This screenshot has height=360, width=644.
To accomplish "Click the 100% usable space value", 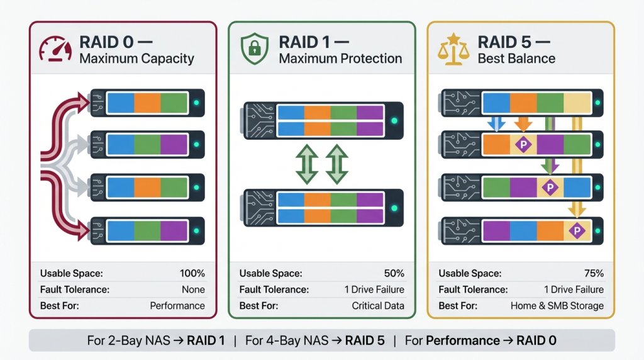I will (x=192, y=273).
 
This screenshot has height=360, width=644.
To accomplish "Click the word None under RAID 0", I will (x=193, y=290).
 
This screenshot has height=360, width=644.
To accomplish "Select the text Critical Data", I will (x=377, y=306).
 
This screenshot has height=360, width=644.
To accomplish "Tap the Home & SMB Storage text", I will (x=557, y=306).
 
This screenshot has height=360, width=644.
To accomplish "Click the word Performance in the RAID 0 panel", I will (x=177, y=306).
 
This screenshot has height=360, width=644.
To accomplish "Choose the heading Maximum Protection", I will (x=340, y=59).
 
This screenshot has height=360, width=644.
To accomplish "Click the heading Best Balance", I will (x=516, y=59).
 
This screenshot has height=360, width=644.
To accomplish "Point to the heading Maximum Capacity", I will (x=136, y=59).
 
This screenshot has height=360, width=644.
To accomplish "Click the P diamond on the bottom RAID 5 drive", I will (x=577, y=232).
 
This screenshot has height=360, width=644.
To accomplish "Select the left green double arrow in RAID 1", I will (x=307, y=164).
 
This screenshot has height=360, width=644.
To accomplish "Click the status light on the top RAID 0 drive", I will (x=197, y=103).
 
